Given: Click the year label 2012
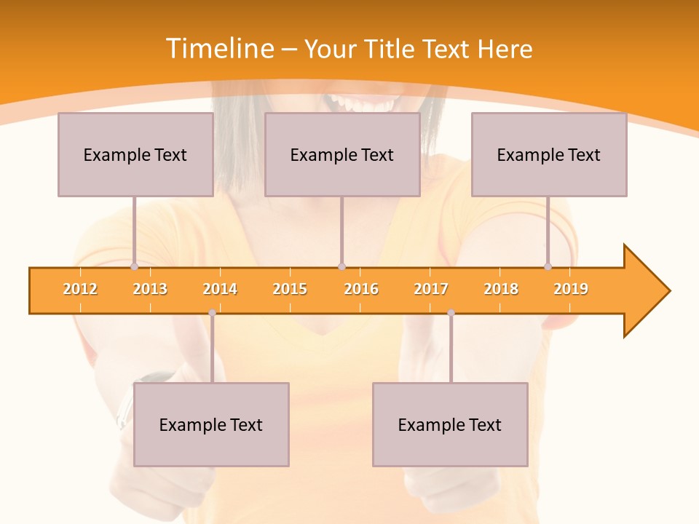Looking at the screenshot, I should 80,289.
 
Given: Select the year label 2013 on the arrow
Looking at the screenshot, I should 150,289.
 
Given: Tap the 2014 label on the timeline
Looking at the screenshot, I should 220,289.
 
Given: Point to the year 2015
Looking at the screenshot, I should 290,289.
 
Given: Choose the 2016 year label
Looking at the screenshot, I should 361,289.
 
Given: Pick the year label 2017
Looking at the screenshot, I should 431,289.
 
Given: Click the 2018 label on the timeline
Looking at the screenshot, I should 501,289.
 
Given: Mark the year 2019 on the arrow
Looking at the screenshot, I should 571,289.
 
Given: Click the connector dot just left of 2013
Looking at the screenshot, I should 134,267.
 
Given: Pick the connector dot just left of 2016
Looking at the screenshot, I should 341,267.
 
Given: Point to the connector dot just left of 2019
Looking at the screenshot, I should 548,267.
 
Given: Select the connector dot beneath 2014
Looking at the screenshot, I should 212,313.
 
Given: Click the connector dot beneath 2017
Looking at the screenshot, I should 451,313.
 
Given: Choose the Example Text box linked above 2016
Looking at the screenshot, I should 341,154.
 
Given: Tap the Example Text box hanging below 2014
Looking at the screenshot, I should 211,424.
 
